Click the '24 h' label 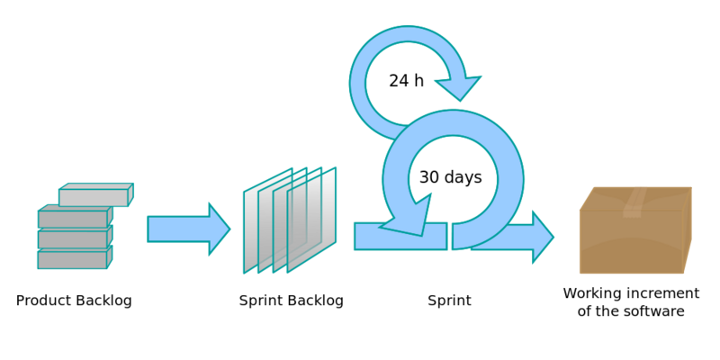[407, 81]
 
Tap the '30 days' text [451, 177]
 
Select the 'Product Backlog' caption [74, 301]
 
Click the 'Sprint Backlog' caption [291, 301]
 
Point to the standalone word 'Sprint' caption [449, 301]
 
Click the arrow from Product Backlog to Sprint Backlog [189, 229]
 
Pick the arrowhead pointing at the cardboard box [543, 238]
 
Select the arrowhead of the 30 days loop [408, 219]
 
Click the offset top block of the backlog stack [95, 194]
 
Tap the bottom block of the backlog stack [75, 257]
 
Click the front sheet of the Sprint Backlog [311, 220]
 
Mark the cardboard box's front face [632, 242]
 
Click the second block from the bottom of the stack [75, 237]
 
